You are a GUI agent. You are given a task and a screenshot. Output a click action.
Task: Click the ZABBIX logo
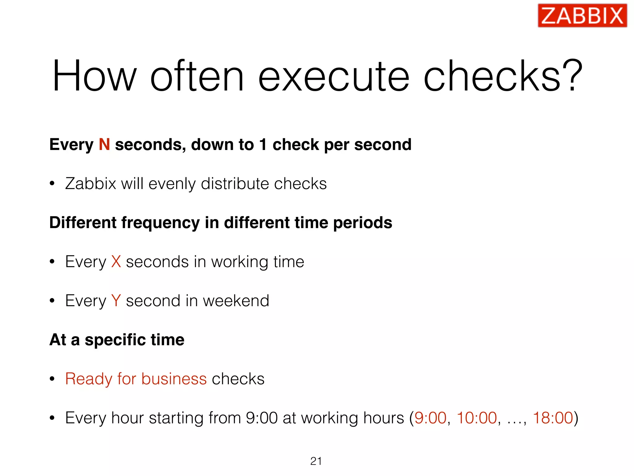pyautogui.click(x=582, y=16)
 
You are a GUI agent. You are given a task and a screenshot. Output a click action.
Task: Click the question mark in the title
pyautogui.click(x=573, y=76)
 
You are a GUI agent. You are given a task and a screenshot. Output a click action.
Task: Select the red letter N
pyautogui.click(x=104, y=144)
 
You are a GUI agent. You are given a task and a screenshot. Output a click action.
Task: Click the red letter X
pyautogui.click(x=116, y=262)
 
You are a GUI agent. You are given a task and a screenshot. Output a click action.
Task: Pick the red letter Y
pyautogui.click(x=116, y=301)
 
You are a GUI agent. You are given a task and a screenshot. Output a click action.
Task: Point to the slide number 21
pyautogui.click(x=316, y=461)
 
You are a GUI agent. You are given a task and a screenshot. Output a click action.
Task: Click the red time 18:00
pyautogui.click(x=553, y=418)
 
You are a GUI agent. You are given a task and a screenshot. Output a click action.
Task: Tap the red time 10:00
pyautogui.click(x=477, y=418)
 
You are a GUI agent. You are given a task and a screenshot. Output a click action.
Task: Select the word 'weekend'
pyautogui.click(x=236, y=301)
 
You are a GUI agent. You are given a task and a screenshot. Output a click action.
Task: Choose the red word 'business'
pyautogui.click(x=174, y=379)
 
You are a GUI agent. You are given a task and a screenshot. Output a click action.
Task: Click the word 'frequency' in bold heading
pyautogui.click(x=160, y=223)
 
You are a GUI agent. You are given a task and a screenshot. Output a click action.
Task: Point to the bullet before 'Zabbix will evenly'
pyautogui.click(x=52, y=183)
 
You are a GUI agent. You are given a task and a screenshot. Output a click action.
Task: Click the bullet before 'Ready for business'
pyautogui.click(x=52, y=379)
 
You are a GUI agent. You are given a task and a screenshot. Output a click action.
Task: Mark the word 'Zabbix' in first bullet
pyautogui.click(x=90, y=183)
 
